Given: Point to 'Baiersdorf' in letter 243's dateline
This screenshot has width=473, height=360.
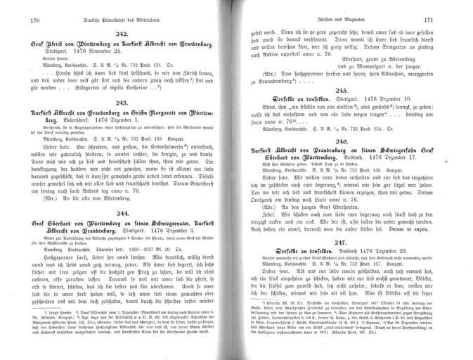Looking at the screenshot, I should click(x=75, y=121).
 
